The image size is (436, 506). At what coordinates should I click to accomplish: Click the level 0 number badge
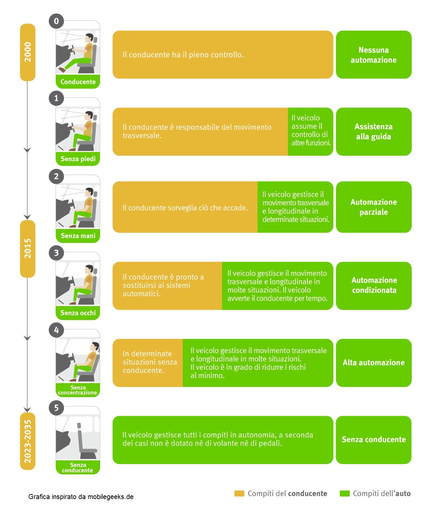tap(56, 21)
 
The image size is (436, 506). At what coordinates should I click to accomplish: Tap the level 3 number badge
tap(56, 253)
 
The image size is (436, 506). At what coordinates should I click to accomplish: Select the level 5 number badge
tap(56, 408)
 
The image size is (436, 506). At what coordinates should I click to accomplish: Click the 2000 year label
tap(28, 52)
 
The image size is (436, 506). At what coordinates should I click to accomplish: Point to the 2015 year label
tap(28, 249)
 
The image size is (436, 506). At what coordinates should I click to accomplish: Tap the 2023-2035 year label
tap(28, 441)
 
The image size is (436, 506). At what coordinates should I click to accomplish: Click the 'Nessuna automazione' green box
tap(374, 55)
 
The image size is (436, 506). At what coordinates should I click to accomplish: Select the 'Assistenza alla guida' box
tap(374, 131)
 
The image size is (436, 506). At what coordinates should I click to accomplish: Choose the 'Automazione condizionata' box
tap(374, 286)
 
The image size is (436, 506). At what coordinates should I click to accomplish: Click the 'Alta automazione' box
tap(374, 363)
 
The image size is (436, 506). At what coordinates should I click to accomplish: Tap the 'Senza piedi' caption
tap(78, 159)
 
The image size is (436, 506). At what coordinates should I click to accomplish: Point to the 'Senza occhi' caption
tap(78, 313)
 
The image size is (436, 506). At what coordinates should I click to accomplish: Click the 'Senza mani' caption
tap(78, 236)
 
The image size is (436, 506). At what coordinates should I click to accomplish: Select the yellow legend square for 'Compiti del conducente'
tap(239, 493)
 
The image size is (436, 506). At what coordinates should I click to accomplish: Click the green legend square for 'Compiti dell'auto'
tap(345, 493)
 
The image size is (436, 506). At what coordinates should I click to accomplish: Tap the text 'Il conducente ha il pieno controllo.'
tap(183, 55)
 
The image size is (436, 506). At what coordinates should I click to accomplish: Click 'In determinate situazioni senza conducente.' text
tap(150, 362)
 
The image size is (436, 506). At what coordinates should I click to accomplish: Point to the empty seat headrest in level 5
tap(79, 426)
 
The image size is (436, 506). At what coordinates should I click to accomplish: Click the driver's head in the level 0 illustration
tap(89, 38)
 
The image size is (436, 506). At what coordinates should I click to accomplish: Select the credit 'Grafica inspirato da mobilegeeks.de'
tap(81, 497)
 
